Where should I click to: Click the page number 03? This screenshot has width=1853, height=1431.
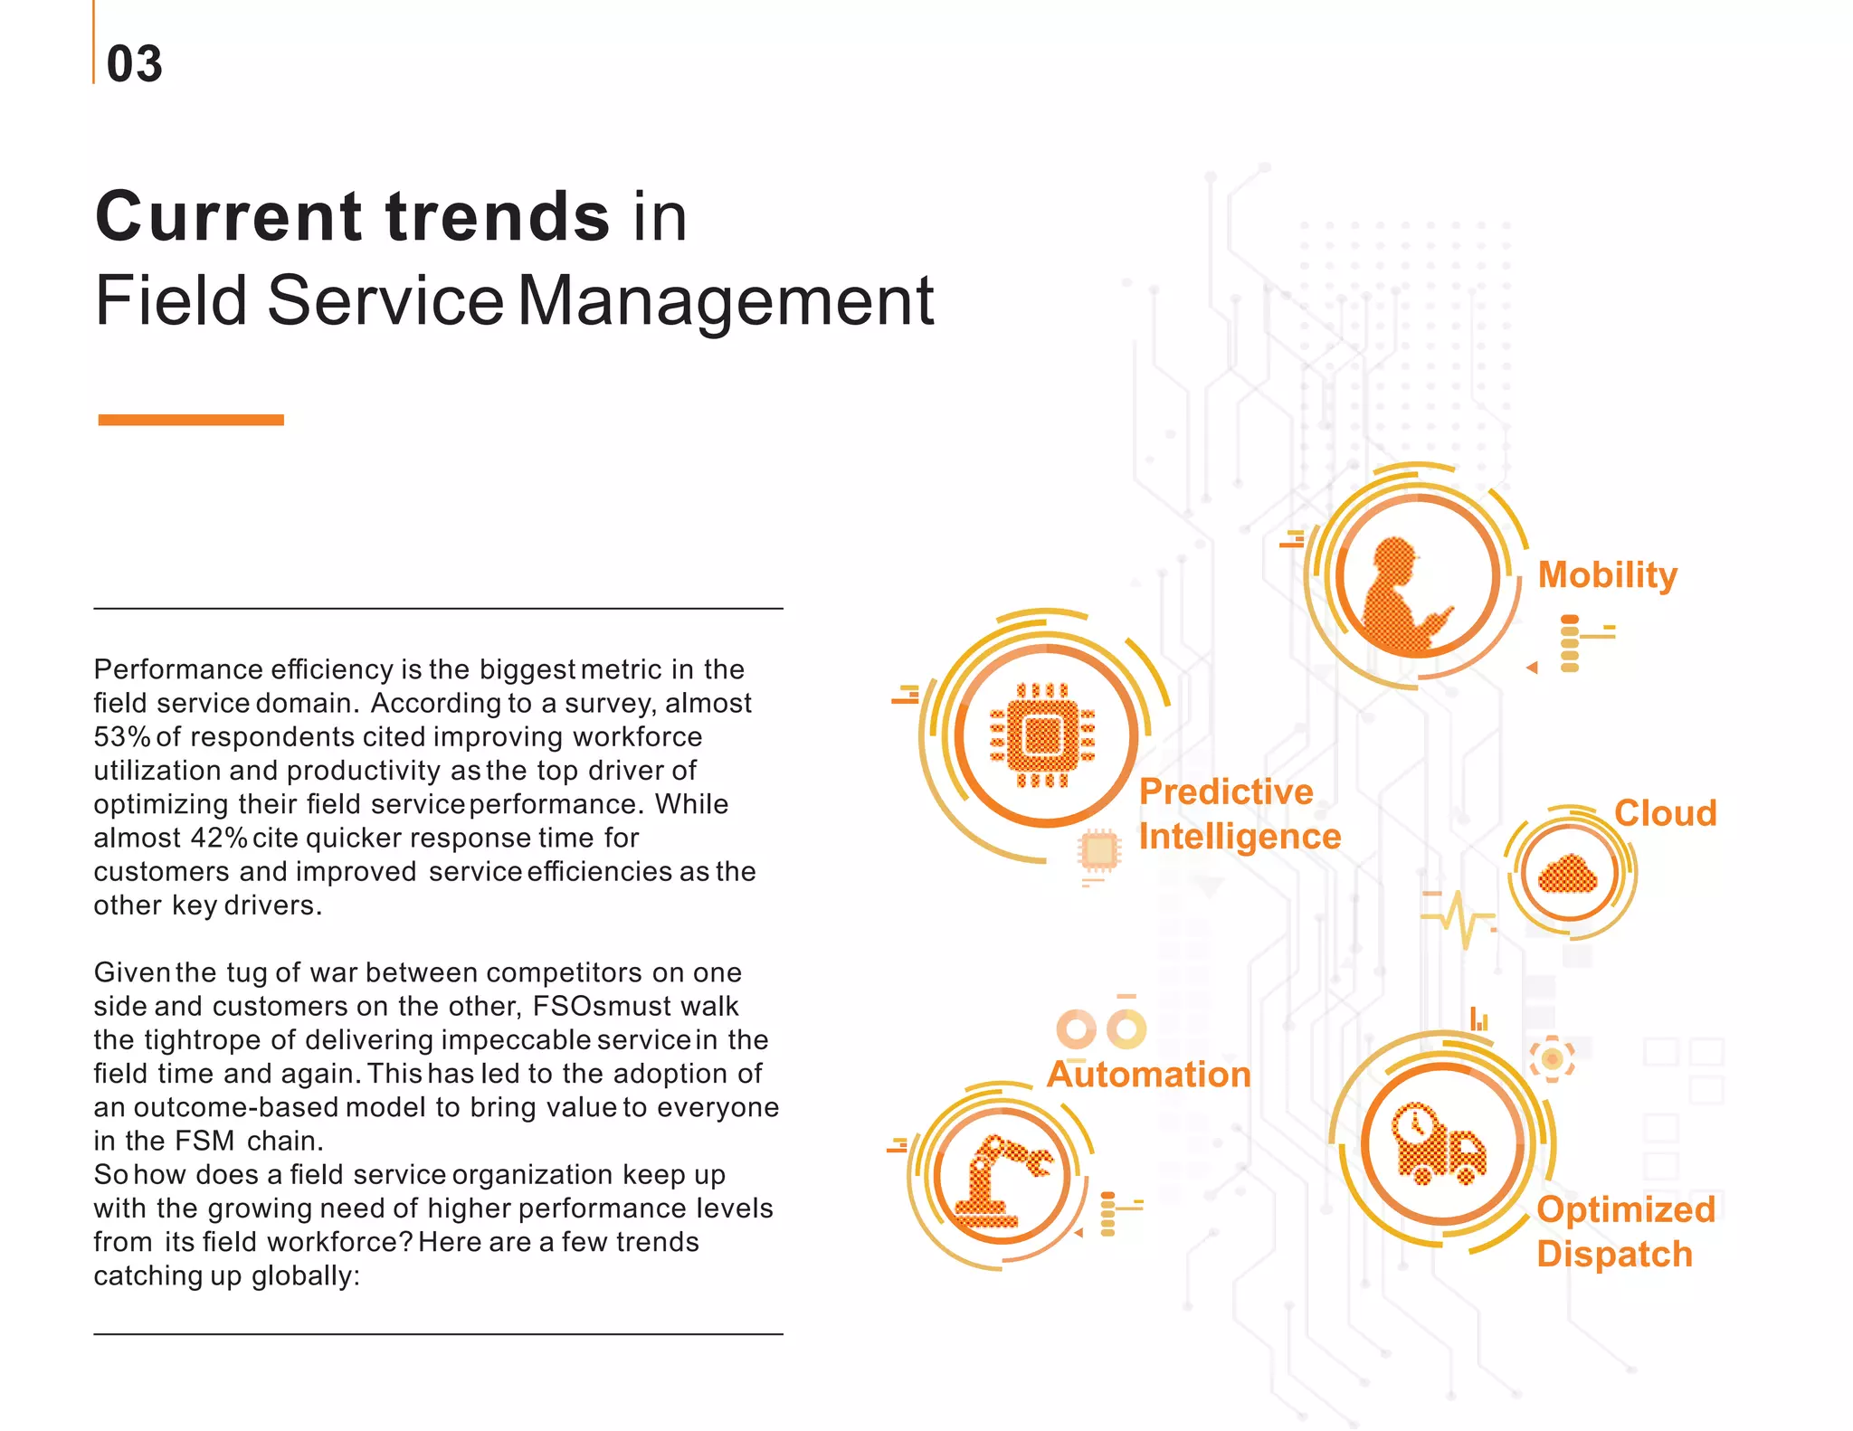pos(134,64)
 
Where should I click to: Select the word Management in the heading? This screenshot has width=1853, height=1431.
pos(726,301)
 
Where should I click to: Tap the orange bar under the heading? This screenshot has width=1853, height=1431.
pos(191,420)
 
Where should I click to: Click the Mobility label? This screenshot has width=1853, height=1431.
pos(1607,575)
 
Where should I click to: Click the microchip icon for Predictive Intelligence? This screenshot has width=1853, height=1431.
pos(1043,734)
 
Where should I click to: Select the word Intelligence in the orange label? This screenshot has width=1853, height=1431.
pos(1239,837)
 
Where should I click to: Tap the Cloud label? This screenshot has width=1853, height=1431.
pos(1665,813)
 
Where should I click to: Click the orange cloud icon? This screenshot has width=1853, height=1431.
pos(1568,874)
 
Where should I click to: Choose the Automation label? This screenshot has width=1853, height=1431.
pos(1148,1075)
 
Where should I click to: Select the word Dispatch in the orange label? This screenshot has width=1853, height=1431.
pos(1614,1255)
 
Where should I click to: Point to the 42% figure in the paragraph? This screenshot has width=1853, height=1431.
pos(218,839)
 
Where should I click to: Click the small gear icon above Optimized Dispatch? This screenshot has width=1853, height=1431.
pos(1552,1058)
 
